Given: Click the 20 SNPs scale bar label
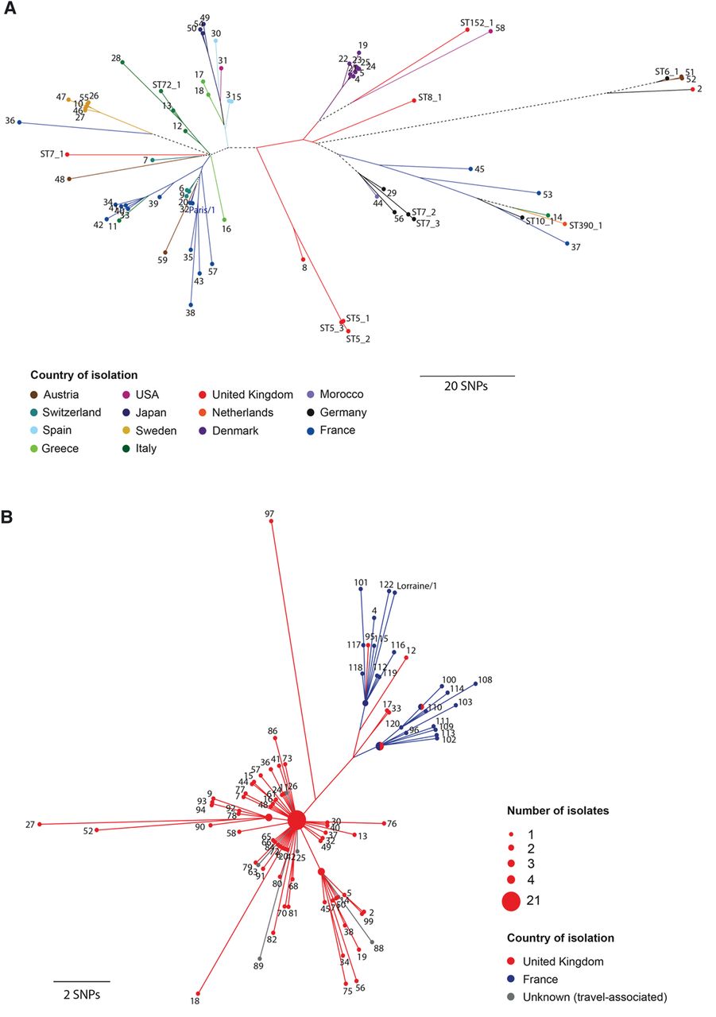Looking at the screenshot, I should tap(466, 386).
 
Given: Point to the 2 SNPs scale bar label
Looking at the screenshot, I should tap(81, 993).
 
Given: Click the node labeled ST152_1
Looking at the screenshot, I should tap(467, 29).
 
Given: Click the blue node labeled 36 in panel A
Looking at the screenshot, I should tap(19, 122).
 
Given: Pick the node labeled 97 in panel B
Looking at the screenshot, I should tap(272, 522).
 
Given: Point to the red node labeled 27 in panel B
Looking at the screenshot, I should tap(39, 824).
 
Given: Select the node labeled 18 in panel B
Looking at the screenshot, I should tap(198, 993).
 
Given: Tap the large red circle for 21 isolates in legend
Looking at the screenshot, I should tap(510, 901).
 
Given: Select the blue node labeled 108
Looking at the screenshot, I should tap(476, 682).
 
